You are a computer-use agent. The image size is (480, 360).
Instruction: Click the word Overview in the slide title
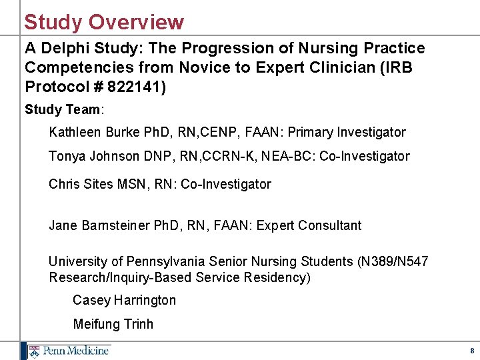pyautogui.click(x=136, y=22)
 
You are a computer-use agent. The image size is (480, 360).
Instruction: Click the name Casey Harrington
pyautogui.click(x=124, y=300)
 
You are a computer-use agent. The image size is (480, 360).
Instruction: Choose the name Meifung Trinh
pyautogui.click(x=113, y=324)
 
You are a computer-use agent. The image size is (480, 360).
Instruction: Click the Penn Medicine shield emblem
pyautogui.click(x=34, y=351)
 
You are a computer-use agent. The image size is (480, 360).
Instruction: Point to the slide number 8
pyautogui.click(x=472, y=351)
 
